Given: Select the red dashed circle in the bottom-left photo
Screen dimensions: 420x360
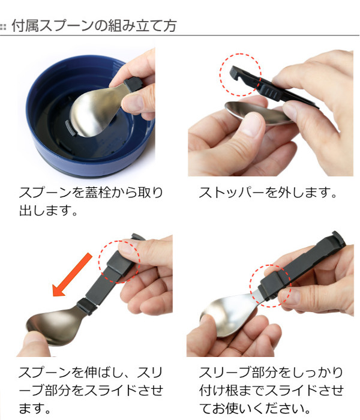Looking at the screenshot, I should coord(118,262).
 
